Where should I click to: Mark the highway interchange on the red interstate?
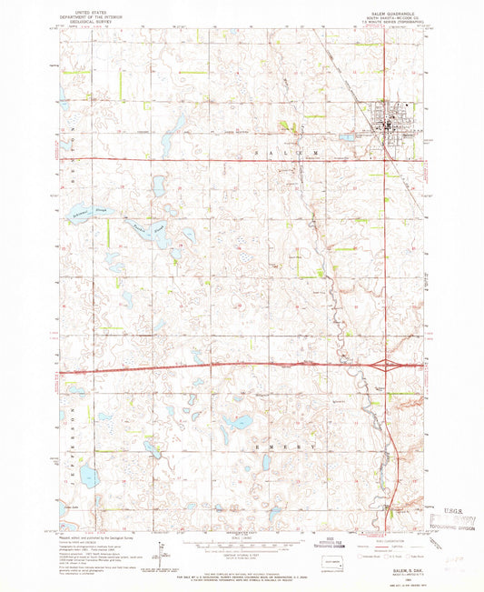390,366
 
